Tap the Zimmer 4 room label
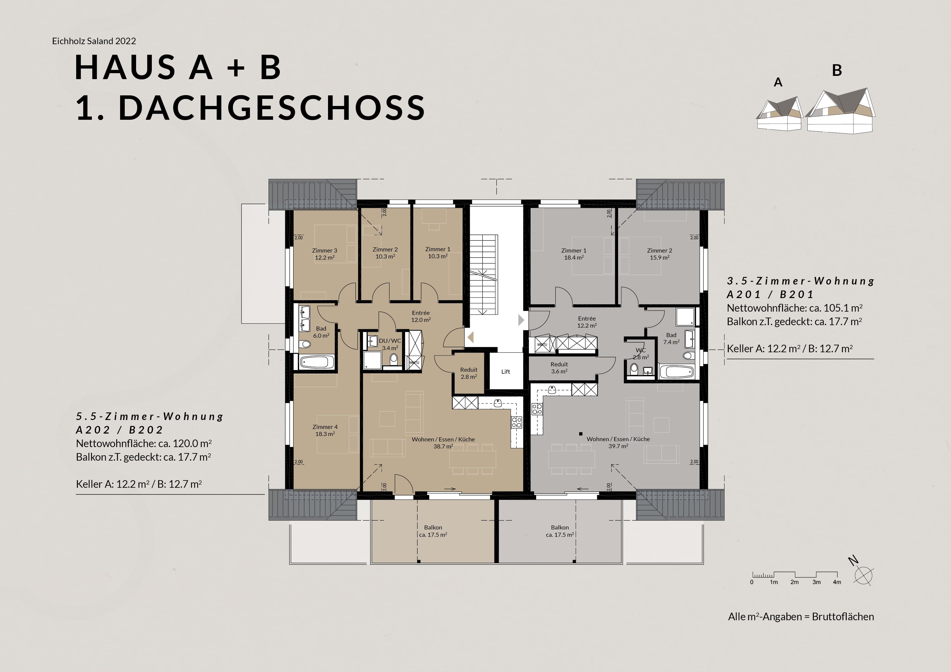[325, 427]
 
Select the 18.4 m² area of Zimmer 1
[574, 257]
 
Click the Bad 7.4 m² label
[671, 339]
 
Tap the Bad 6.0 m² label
[321, 332]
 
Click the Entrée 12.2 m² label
[587, 322]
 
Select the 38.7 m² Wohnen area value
[443, 446]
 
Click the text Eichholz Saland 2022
[94, 41]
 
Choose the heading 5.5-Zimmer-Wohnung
[150, 416]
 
